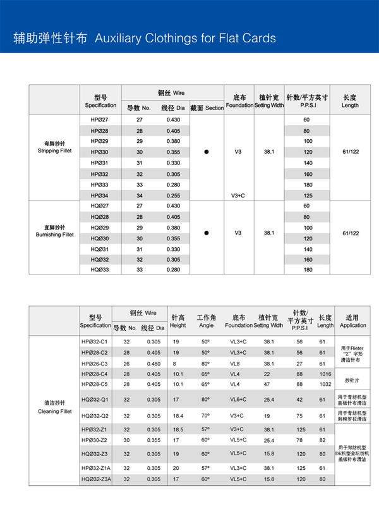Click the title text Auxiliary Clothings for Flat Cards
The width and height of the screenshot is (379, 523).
tap(184, 38)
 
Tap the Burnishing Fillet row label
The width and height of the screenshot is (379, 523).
tap(55, 231)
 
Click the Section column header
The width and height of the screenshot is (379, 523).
tap(207, 108)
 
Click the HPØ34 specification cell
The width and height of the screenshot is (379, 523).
tap(99, 196)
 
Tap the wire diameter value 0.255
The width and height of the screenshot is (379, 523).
tap(173, 196)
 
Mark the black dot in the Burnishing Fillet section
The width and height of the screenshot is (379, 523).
tap(207, 233)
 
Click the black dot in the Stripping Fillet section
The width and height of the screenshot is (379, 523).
tap(207, 152)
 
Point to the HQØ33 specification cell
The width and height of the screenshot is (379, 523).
tap(99, 270)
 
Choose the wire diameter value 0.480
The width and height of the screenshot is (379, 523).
tap(153, 364)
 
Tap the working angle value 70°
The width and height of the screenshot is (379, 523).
tap(205, 415)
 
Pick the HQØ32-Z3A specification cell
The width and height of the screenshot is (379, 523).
tap(96, 479)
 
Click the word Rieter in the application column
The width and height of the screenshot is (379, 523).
tap(358, 347)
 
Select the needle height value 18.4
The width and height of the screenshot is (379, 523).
tap(177, 415)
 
